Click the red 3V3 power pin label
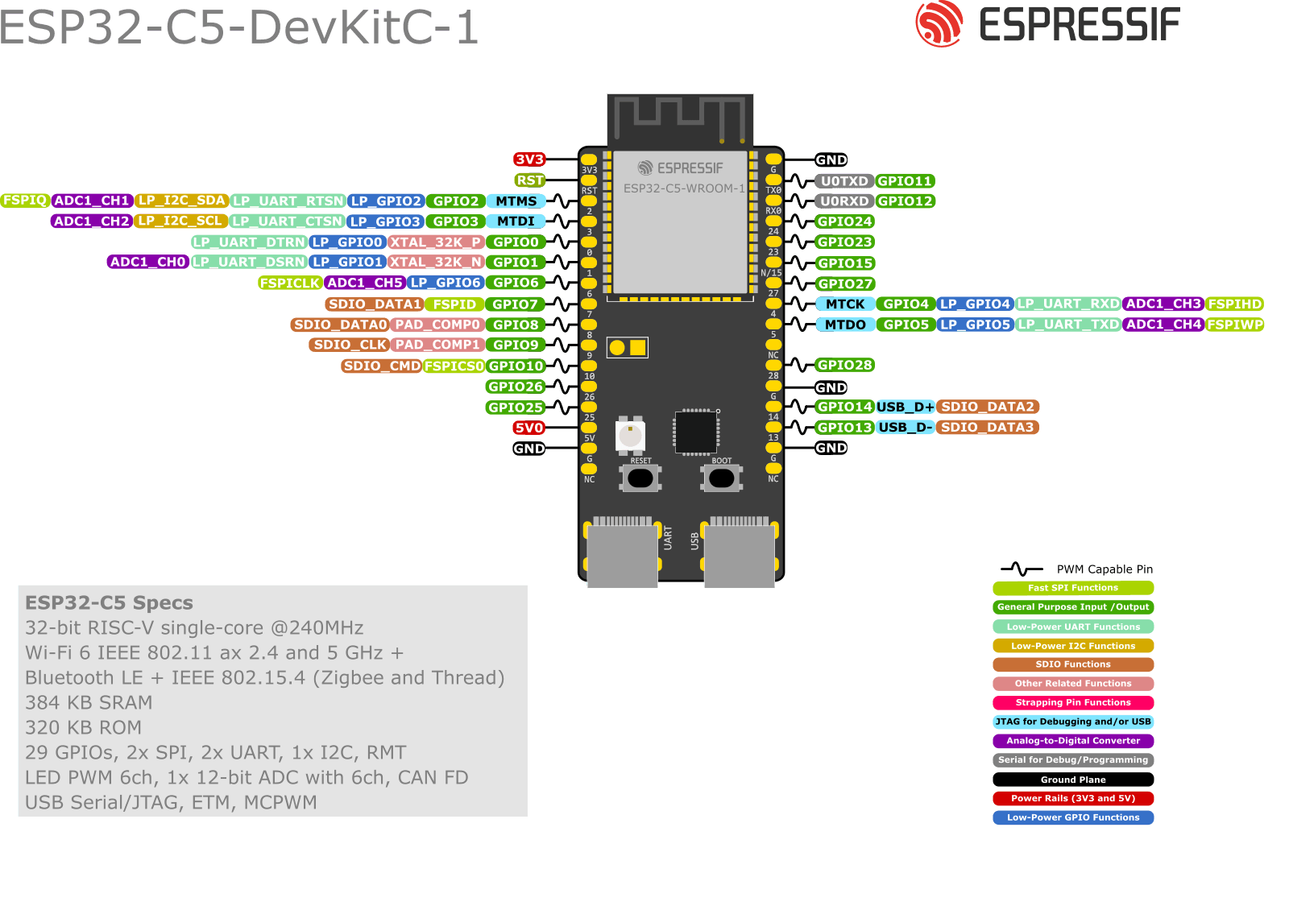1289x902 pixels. point(529,159)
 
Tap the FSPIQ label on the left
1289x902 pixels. point(25,200)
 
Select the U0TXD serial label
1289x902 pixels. point(843,181)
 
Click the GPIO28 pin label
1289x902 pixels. point(844,365)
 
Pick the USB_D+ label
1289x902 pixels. point(904,407)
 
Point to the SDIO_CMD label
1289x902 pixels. point(382,366)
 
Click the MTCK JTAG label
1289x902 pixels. point(844,304)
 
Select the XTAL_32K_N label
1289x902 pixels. point(436,262)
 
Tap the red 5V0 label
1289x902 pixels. point(529,428)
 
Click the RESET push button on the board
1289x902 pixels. point(640,478)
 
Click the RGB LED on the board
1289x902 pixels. point(630,436)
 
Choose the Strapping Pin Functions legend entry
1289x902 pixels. point(1073,702)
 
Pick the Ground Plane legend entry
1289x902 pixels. point(1073,780)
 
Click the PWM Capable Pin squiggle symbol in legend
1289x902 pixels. point(1021,569)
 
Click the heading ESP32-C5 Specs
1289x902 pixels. point(109,603)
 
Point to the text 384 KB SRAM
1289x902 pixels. point(89,702)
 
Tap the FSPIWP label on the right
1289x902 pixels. point(1234,325)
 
